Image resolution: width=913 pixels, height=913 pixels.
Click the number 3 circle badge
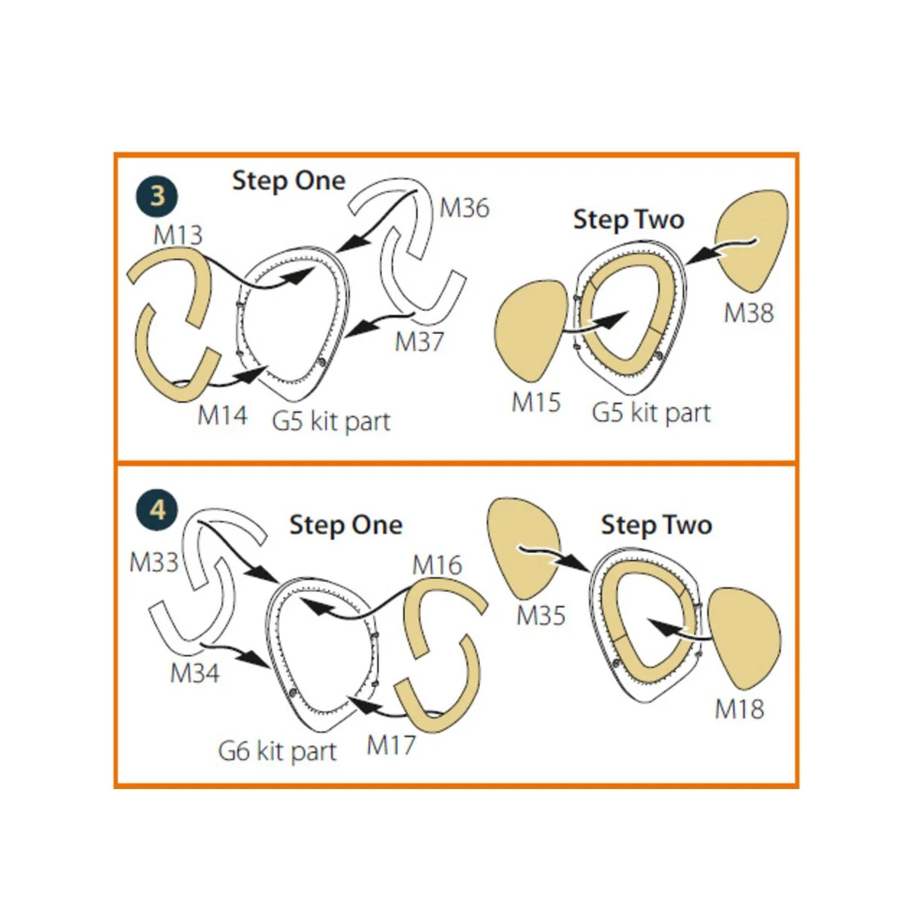[157, 196]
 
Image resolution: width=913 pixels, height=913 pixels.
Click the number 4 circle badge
[157, 510]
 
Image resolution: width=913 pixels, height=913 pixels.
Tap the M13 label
[178, 235]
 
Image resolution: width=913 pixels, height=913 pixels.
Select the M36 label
[464, 208]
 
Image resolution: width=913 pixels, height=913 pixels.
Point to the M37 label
[419, 341]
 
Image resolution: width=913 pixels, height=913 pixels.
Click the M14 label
[222, 415]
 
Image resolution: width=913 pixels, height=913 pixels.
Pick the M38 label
[749, 313]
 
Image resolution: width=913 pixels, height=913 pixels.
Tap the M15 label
[536, 402]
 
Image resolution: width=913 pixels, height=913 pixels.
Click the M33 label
[154, 562]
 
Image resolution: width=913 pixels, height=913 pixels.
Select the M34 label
[195, 673]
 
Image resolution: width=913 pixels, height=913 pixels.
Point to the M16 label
[437, 565]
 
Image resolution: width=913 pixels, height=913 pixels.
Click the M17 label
[391, 746]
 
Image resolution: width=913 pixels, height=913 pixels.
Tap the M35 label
[541, 616]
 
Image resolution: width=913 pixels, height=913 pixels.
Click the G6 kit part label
[277, 752]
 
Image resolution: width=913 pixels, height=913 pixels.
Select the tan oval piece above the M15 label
[530, 330]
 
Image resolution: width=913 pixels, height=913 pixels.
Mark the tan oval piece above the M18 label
[744, 638]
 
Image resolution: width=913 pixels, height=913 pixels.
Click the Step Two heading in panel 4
[657, 525]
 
